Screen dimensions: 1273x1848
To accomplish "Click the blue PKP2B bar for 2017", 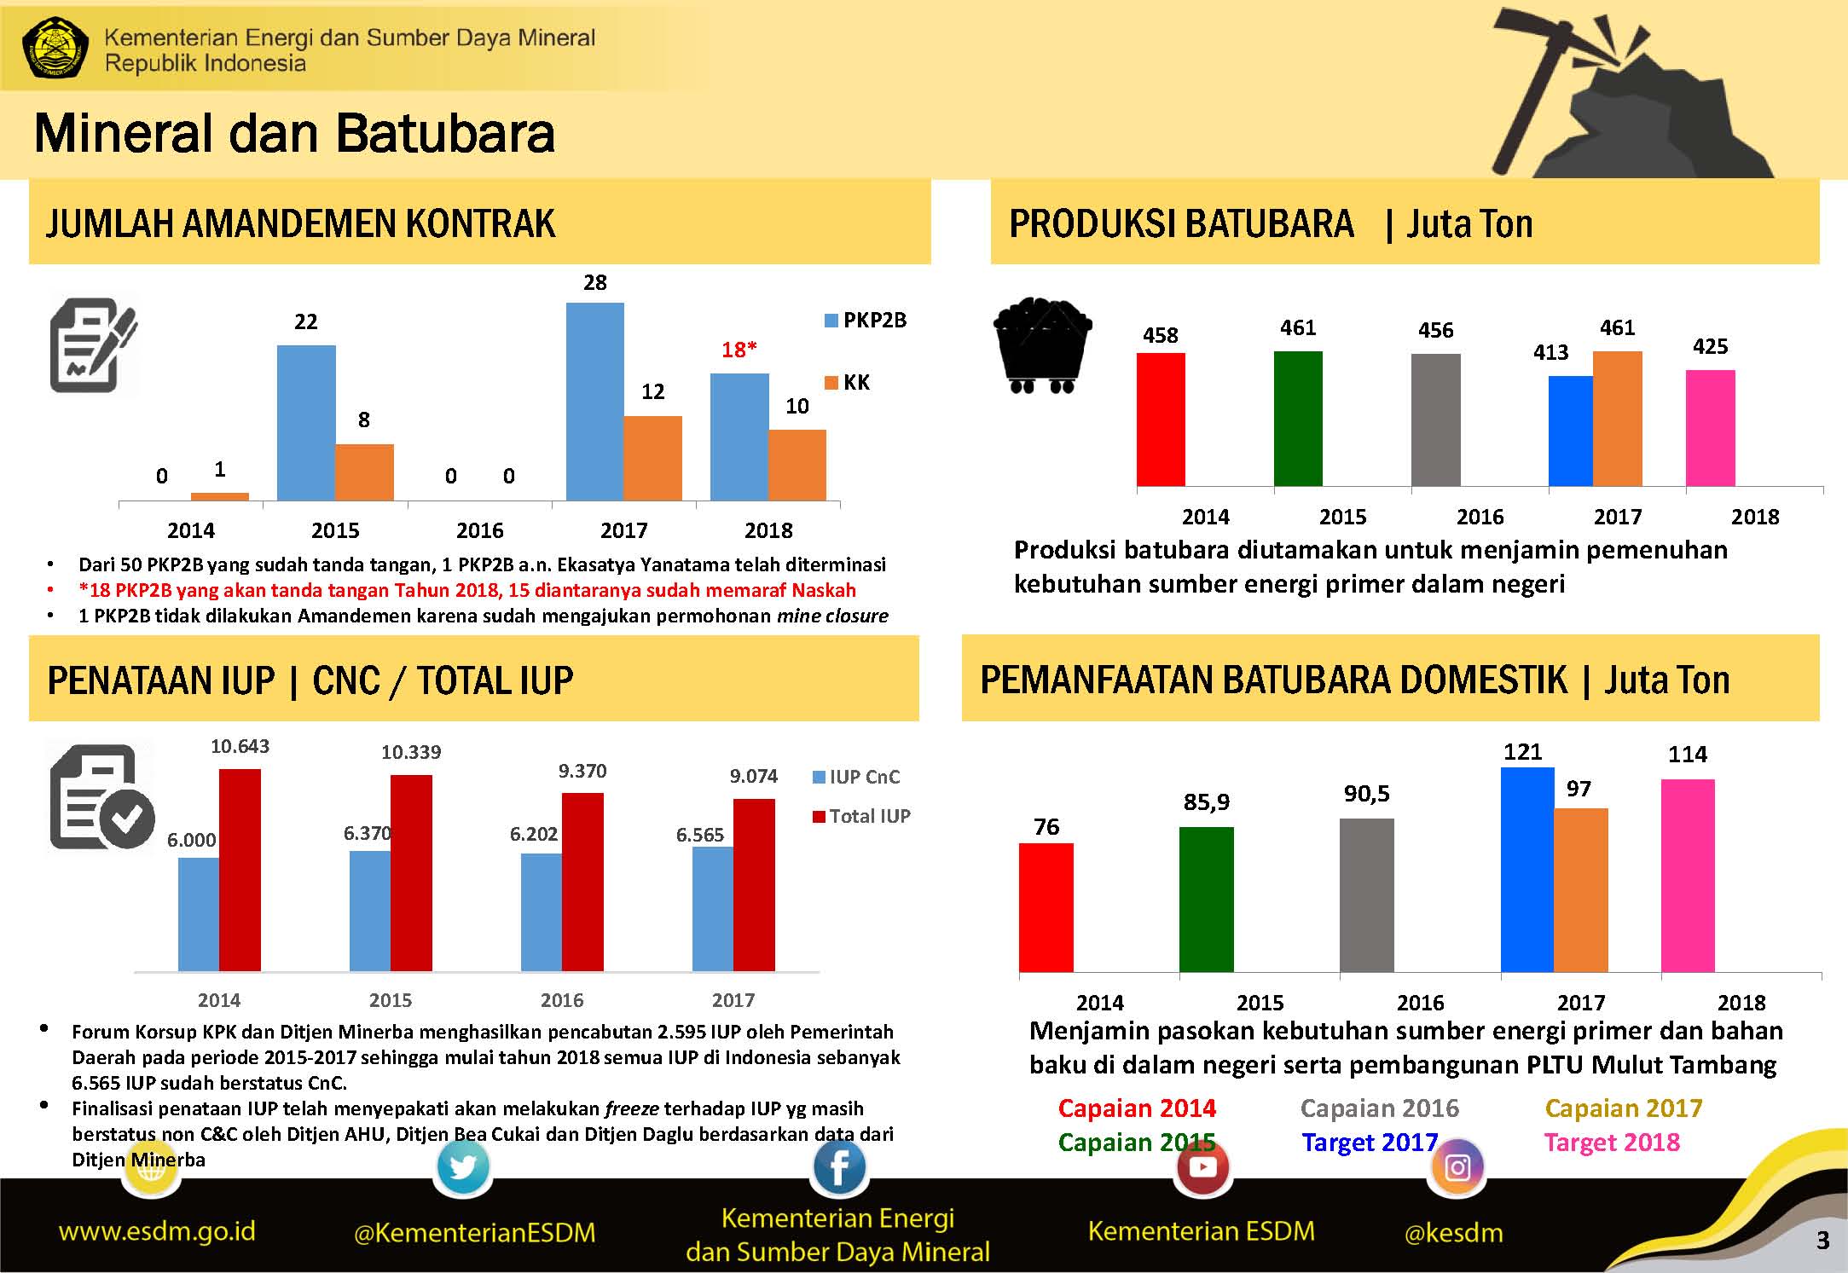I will click(594, 401).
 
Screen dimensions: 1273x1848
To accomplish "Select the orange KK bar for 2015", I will click(364, 472).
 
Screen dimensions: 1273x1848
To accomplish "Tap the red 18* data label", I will click(739, 350).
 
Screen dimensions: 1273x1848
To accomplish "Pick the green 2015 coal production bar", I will click(1298, 418).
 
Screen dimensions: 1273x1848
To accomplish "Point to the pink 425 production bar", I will click(1710, 427).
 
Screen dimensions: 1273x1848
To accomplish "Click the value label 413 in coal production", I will click(1550, 352).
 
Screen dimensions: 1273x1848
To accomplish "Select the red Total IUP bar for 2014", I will click(240, 870).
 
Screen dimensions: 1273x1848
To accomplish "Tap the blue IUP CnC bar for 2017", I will click(712, 908).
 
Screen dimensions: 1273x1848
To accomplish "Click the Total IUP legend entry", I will click(862, 816).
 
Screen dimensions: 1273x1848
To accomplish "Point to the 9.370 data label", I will click(582, 771).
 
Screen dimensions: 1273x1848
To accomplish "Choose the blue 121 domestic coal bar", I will click(1526, 870).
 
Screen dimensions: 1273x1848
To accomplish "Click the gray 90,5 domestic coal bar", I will click(1366, 895).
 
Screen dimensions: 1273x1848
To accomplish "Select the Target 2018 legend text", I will click(1612, 1142).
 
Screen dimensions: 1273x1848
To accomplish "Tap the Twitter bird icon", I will click(463, 1166).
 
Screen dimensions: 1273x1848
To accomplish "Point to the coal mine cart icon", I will click(1042, 344).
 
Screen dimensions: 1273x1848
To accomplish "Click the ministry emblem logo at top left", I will click(55, 48).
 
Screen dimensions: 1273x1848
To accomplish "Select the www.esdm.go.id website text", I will click(157, 1230).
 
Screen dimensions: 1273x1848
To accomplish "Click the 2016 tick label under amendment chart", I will click(479, 530).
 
